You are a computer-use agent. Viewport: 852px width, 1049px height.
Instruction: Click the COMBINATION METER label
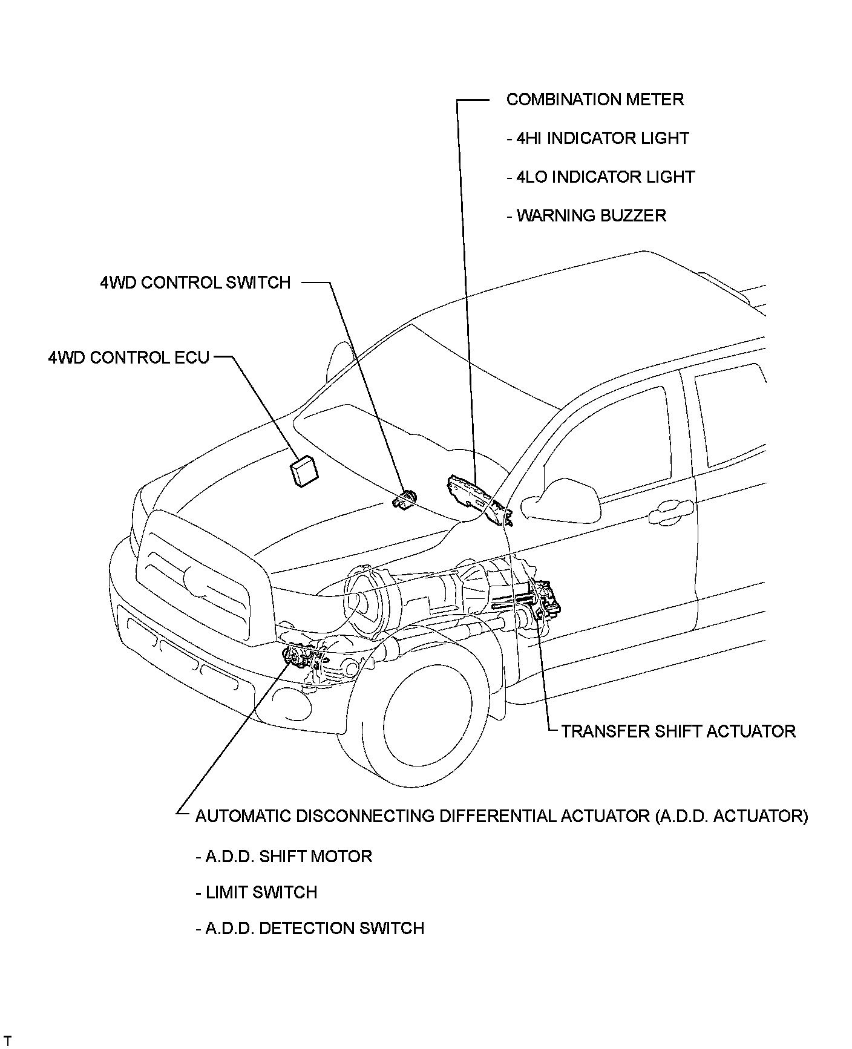point(595,100)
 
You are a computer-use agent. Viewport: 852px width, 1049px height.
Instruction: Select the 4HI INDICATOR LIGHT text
point(598,139)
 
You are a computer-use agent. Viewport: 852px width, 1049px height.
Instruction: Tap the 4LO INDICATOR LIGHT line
point(600,177)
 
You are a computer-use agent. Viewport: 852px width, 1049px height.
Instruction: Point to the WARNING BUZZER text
point(586,216)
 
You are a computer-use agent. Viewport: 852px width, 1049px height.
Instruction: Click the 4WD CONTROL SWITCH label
point(195,283)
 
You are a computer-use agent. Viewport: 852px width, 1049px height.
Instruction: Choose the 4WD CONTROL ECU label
point(129,358)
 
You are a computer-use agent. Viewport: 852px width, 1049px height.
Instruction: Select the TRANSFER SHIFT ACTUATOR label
point(678,731)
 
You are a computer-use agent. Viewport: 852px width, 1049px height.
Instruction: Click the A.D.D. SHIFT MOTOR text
point(284,857)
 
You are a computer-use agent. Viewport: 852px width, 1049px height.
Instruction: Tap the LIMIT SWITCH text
point(257,893)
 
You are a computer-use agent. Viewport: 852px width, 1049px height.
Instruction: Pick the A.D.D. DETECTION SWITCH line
point(310,929)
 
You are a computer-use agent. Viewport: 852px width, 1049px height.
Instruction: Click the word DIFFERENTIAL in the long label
point(497,817)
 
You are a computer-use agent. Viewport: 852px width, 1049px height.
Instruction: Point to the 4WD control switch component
point(404,500)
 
